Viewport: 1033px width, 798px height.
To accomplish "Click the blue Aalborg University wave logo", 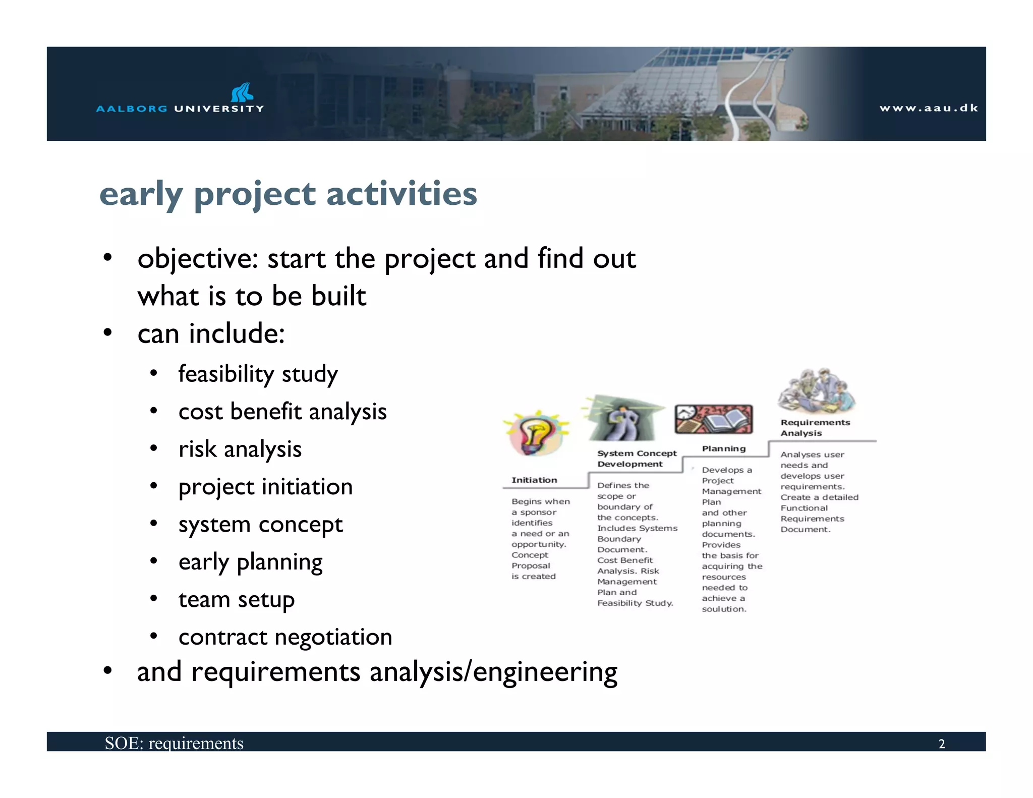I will click(242, 93).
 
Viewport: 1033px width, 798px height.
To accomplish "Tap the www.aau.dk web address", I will click(928, 108).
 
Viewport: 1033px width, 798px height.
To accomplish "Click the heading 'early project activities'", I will click(288, 194).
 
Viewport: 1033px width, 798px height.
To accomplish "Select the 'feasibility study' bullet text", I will click(258, 374).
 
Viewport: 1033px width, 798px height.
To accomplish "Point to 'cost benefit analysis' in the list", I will click(282, 412).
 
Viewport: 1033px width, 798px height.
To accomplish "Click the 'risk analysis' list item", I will click(240, 449).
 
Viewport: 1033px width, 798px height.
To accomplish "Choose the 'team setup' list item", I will click(236, 599).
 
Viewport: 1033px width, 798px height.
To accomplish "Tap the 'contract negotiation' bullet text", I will click(285, 637).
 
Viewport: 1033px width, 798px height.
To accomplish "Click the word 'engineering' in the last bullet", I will click(545, 672).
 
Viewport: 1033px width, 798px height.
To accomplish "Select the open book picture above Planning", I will click(714, 419).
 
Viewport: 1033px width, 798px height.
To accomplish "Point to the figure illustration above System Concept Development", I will click(622, 419).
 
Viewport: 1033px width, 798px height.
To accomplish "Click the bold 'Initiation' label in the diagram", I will click(534, 480).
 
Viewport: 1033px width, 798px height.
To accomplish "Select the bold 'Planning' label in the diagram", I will click(723, 448).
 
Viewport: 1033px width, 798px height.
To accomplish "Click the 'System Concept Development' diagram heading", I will click(637, 459).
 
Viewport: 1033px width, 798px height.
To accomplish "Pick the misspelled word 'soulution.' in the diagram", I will click(724, 609).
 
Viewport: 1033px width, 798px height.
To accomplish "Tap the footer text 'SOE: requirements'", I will click(174, 743).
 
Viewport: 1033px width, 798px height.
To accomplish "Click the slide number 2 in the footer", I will click(941, 744).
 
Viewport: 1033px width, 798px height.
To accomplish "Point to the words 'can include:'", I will click(211, 334).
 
